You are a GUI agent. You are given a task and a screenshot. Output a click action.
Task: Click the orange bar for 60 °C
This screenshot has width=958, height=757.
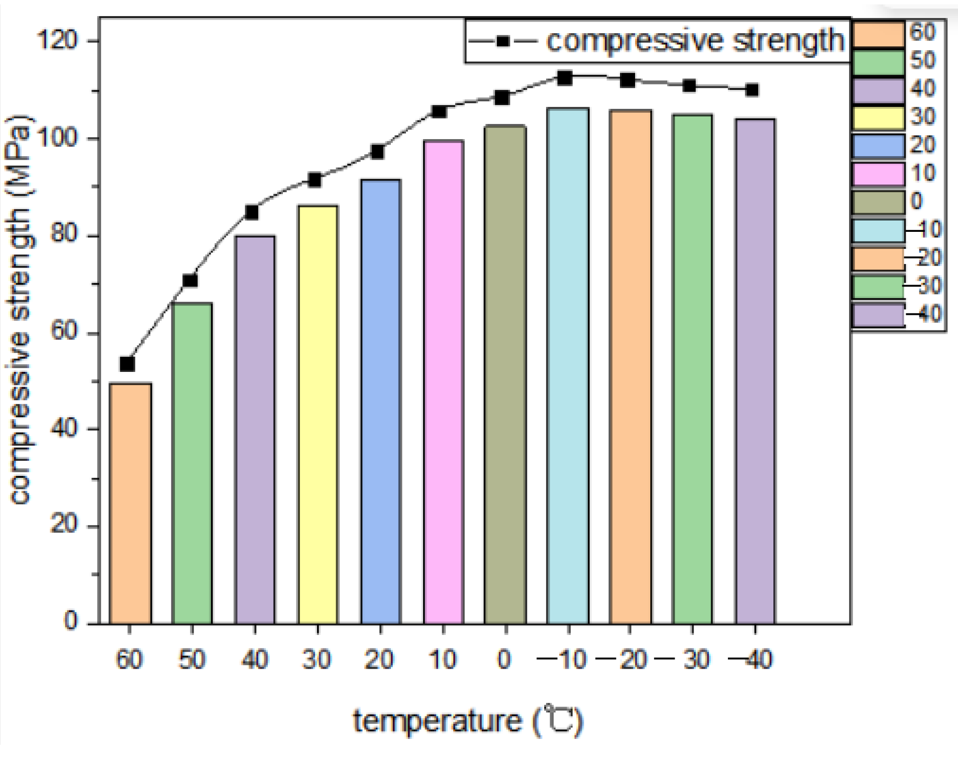point(130,503)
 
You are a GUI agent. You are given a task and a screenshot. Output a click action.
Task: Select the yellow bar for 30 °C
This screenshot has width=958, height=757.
point(318,415)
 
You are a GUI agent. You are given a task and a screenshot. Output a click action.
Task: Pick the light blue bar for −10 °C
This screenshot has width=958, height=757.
point(568,366)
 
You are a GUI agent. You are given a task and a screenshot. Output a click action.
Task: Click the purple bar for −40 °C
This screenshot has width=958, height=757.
point(755,371)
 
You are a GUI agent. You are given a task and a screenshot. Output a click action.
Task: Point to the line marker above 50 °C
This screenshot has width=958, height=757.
point(190,281)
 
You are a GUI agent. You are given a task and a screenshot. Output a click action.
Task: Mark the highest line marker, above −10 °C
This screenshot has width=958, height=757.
point(565,78)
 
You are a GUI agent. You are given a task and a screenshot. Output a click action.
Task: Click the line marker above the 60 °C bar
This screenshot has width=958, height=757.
point(128,364)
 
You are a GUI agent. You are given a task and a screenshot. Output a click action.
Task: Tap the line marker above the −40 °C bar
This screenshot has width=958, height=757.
point(752,90)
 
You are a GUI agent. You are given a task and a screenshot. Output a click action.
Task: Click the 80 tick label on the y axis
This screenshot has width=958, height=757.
point(64,235)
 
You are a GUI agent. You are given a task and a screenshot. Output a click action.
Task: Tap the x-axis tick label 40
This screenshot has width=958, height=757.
point(255,660)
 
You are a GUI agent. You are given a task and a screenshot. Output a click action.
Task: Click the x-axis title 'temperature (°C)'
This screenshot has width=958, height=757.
point(468,721)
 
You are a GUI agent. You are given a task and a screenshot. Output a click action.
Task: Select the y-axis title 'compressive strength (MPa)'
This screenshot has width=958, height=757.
point(21,310)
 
